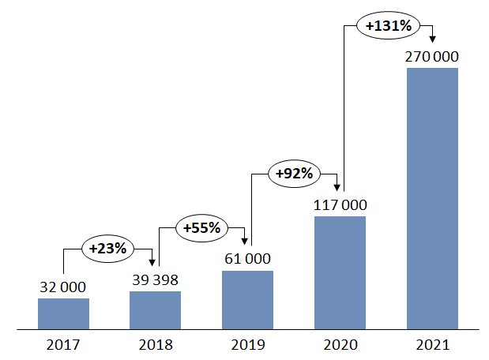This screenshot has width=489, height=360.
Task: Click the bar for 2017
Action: click(63, 313)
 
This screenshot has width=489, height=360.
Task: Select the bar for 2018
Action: click(155, 309)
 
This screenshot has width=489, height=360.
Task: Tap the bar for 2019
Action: click(247, 299)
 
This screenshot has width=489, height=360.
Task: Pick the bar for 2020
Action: click(340, 272)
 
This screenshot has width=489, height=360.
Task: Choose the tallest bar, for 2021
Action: click(432, 197)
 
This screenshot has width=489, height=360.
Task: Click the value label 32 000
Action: click(63, 287)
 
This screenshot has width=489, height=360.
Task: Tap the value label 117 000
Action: click(340, 204)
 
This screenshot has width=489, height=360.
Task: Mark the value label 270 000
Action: click(432, 57)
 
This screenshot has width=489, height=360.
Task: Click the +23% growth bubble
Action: click(108, 248)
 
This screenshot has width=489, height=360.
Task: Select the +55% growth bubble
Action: click(201, 227)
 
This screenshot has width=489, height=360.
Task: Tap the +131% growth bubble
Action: click(387, 25)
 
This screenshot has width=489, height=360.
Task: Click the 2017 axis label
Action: click(63, 345)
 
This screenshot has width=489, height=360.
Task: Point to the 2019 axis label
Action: click(247, 345)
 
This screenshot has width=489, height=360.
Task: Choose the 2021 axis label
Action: click(432, 345)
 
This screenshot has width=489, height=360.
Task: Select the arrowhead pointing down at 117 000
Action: click(340, 188)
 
